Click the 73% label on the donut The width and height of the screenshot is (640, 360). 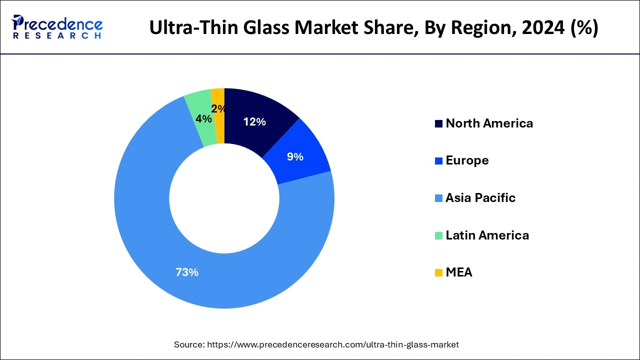(x=186, y=272)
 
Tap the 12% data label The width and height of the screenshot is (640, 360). (x=254, y=121)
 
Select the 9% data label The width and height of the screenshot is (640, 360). (x=295, y=157)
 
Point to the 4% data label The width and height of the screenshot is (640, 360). (x=203, y=119)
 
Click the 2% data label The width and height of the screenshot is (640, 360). (x=218, y=109)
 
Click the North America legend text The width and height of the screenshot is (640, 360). (x=489, y=123)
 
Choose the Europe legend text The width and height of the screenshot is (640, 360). (x=467, y=160)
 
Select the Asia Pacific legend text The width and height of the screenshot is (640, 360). (x=480, y=198)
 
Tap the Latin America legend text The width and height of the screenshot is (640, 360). (x=487, y=235)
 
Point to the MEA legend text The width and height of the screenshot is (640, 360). (x=459, y=272)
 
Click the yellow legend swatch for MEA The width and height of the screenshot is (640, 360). (x=438, y=272)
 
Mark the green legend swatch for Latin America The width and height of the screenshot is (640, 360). (x=438, y=235)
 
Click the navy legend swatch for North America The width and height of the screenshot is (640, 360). (x=438, y=123)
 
